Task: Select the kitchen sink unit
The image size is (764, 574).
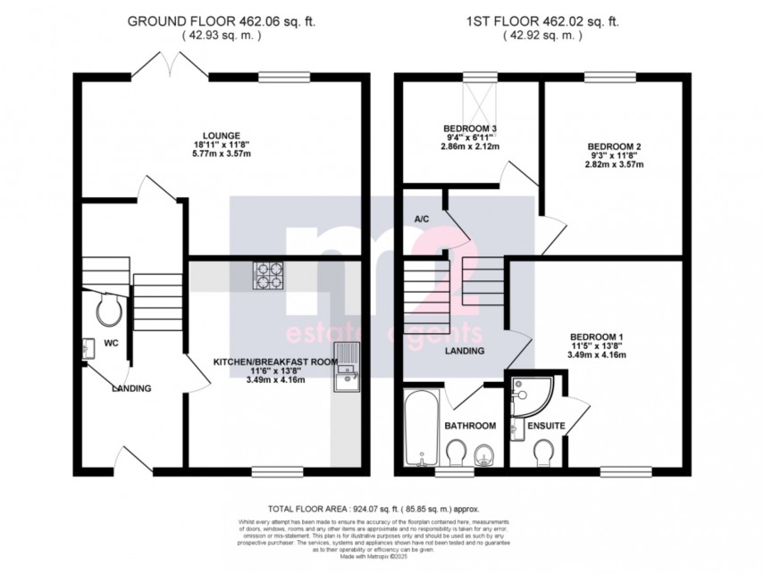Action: (x=345, y=367)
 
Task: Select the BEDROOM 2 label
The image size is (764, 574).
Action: (x=614, y=146)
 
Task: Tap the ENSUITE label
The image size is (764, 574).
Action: (x=545, y=427)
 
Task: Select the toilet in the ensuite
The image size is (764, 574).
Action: (x=542, y=455)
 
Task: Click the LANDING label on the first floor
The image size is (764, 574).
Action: (x=465, y=351)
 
